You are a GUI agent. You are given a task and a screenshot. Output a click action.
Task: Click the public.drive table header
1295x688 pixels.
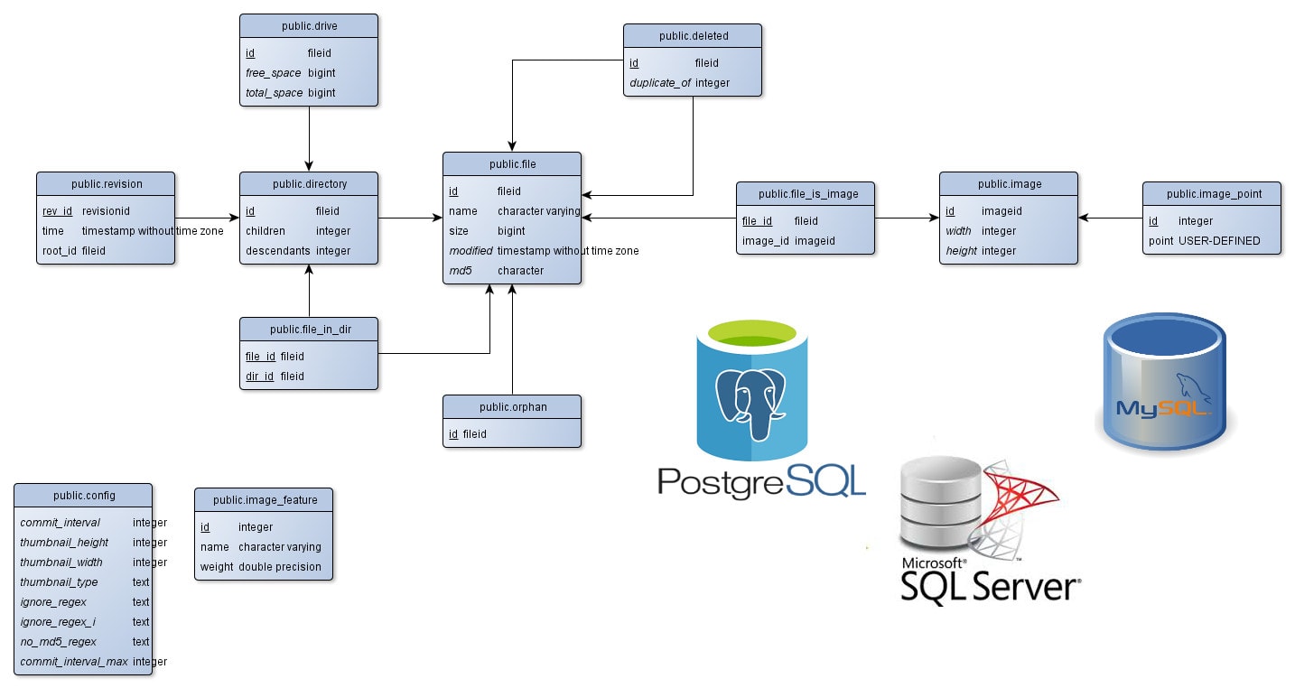[x=309, y=25]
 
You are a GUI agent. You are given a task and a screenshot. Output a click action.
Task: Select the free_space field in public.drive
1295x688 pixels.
[x=274, y=73]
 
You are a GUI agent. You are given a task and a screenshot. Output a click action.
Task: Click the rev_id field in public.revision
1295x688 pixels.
[x=58, y=211]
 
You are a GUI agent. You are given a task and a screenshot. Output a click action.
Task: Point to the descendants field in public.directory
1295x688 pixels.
[x=278, y=251]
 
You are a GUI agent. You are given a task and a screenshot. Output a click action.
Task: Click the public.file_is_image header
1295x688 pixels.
[x=806, y=193]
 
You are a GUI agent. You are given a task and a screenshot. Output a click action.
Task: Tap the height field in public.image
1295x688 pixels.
[x=962, y=251]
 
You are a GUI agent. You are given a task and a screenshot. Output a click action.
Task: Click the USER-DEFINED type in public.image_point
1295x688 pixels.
[x=1219, y=241]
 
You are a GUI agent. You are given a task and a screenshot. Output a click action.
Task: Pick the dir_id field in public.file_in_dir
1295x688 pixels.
[x=260, y=377]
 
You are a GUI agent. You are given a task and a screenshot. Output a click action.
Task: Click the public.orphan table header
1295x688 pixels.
[x=512, y=407]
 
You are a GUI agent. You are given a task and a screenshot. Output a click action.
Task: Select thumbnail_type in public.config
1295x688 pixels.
[x=59, y=582]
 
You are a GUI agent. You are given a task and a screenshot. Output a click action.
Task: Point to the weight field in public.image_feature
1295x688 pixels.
[x=216, y=567]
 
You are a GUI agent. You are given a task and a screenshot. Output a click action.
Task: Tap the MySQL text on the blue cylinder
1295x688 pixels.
[x=1163, y=407]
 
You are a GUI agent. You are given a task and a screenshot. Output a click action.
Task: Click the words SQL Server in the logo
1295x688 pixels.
[x=990, y=587]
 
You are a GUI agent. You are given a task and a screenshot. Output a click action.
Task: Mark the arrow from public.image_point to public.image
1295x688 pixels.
[x=1111, y=218]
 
